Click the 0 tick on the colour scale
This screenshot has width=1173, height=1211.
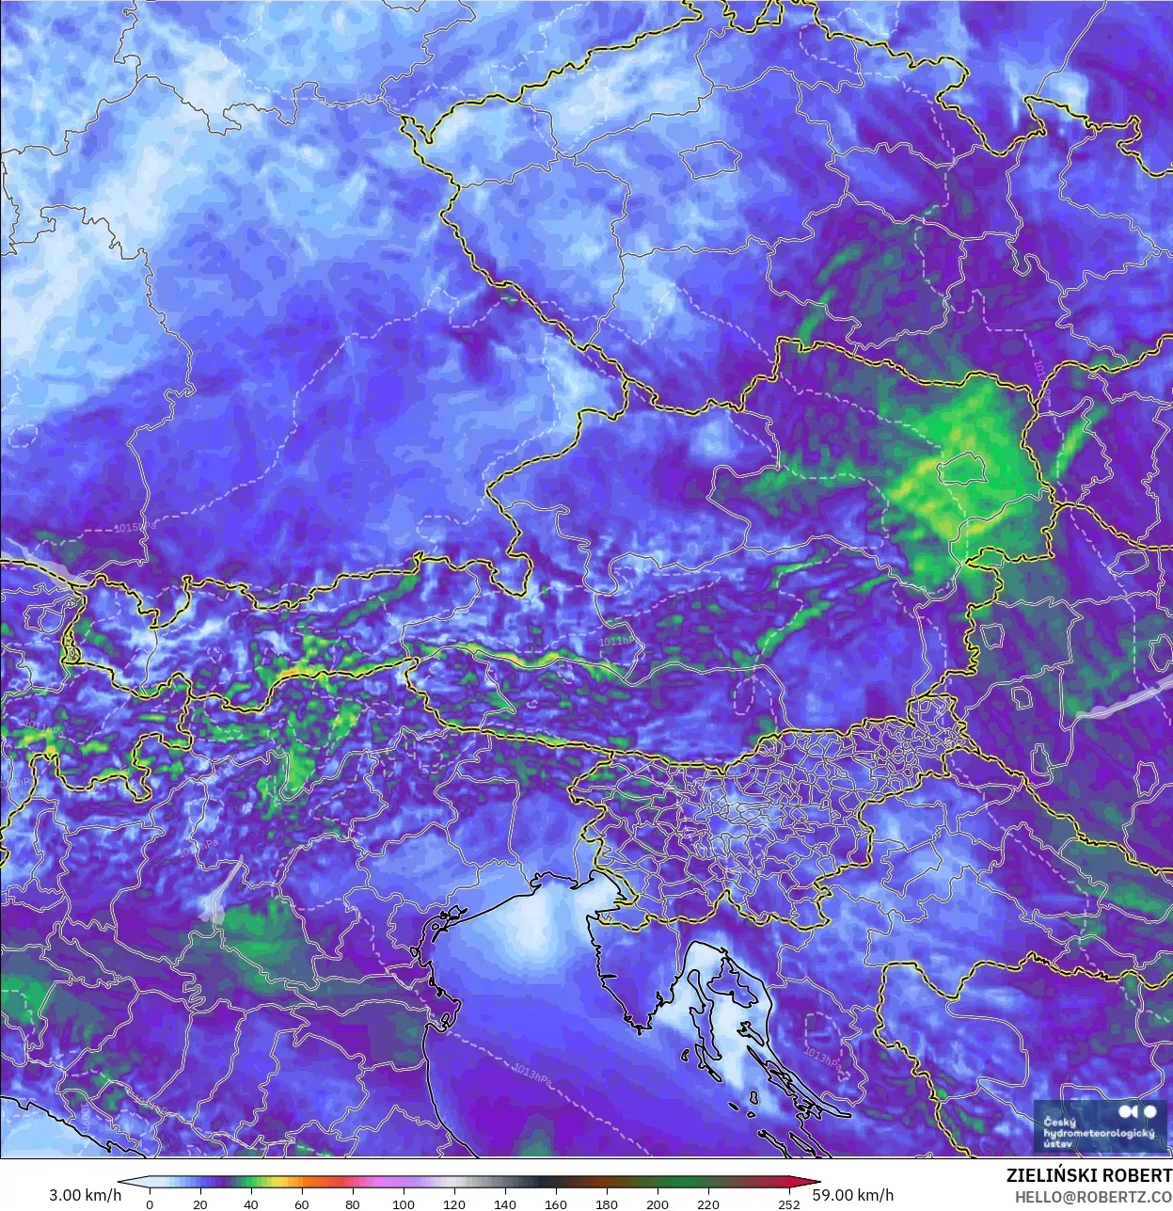150,1203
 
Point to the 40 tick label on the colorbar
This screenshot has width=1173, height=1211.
251,1203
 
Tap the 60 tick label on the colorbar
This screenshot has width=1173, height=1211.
302,1203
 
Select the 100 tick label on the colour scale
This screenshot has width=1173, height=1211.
404,1203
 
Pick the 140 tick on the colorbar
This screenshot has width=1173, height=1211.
505,1203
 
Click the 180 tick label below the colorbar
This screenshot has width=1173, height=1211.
607,1203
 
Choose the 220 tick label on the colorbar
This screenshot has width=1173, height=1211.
708,1203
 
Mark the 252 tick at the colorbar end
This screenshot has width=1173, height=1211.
789,1203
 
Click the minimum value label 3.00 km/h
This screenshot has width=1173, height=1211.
86,1195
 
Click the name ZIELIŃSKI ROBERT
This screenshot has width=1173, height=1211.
1088,1176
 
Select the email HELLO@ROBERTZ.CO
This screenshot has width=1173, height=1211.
1093,1196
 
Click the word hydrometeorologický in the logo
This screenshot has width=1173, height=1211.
1099,1134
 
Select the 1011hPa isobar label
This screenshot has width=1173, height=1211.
617,641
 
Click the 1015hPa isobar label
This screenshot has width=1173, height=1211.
131,528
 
